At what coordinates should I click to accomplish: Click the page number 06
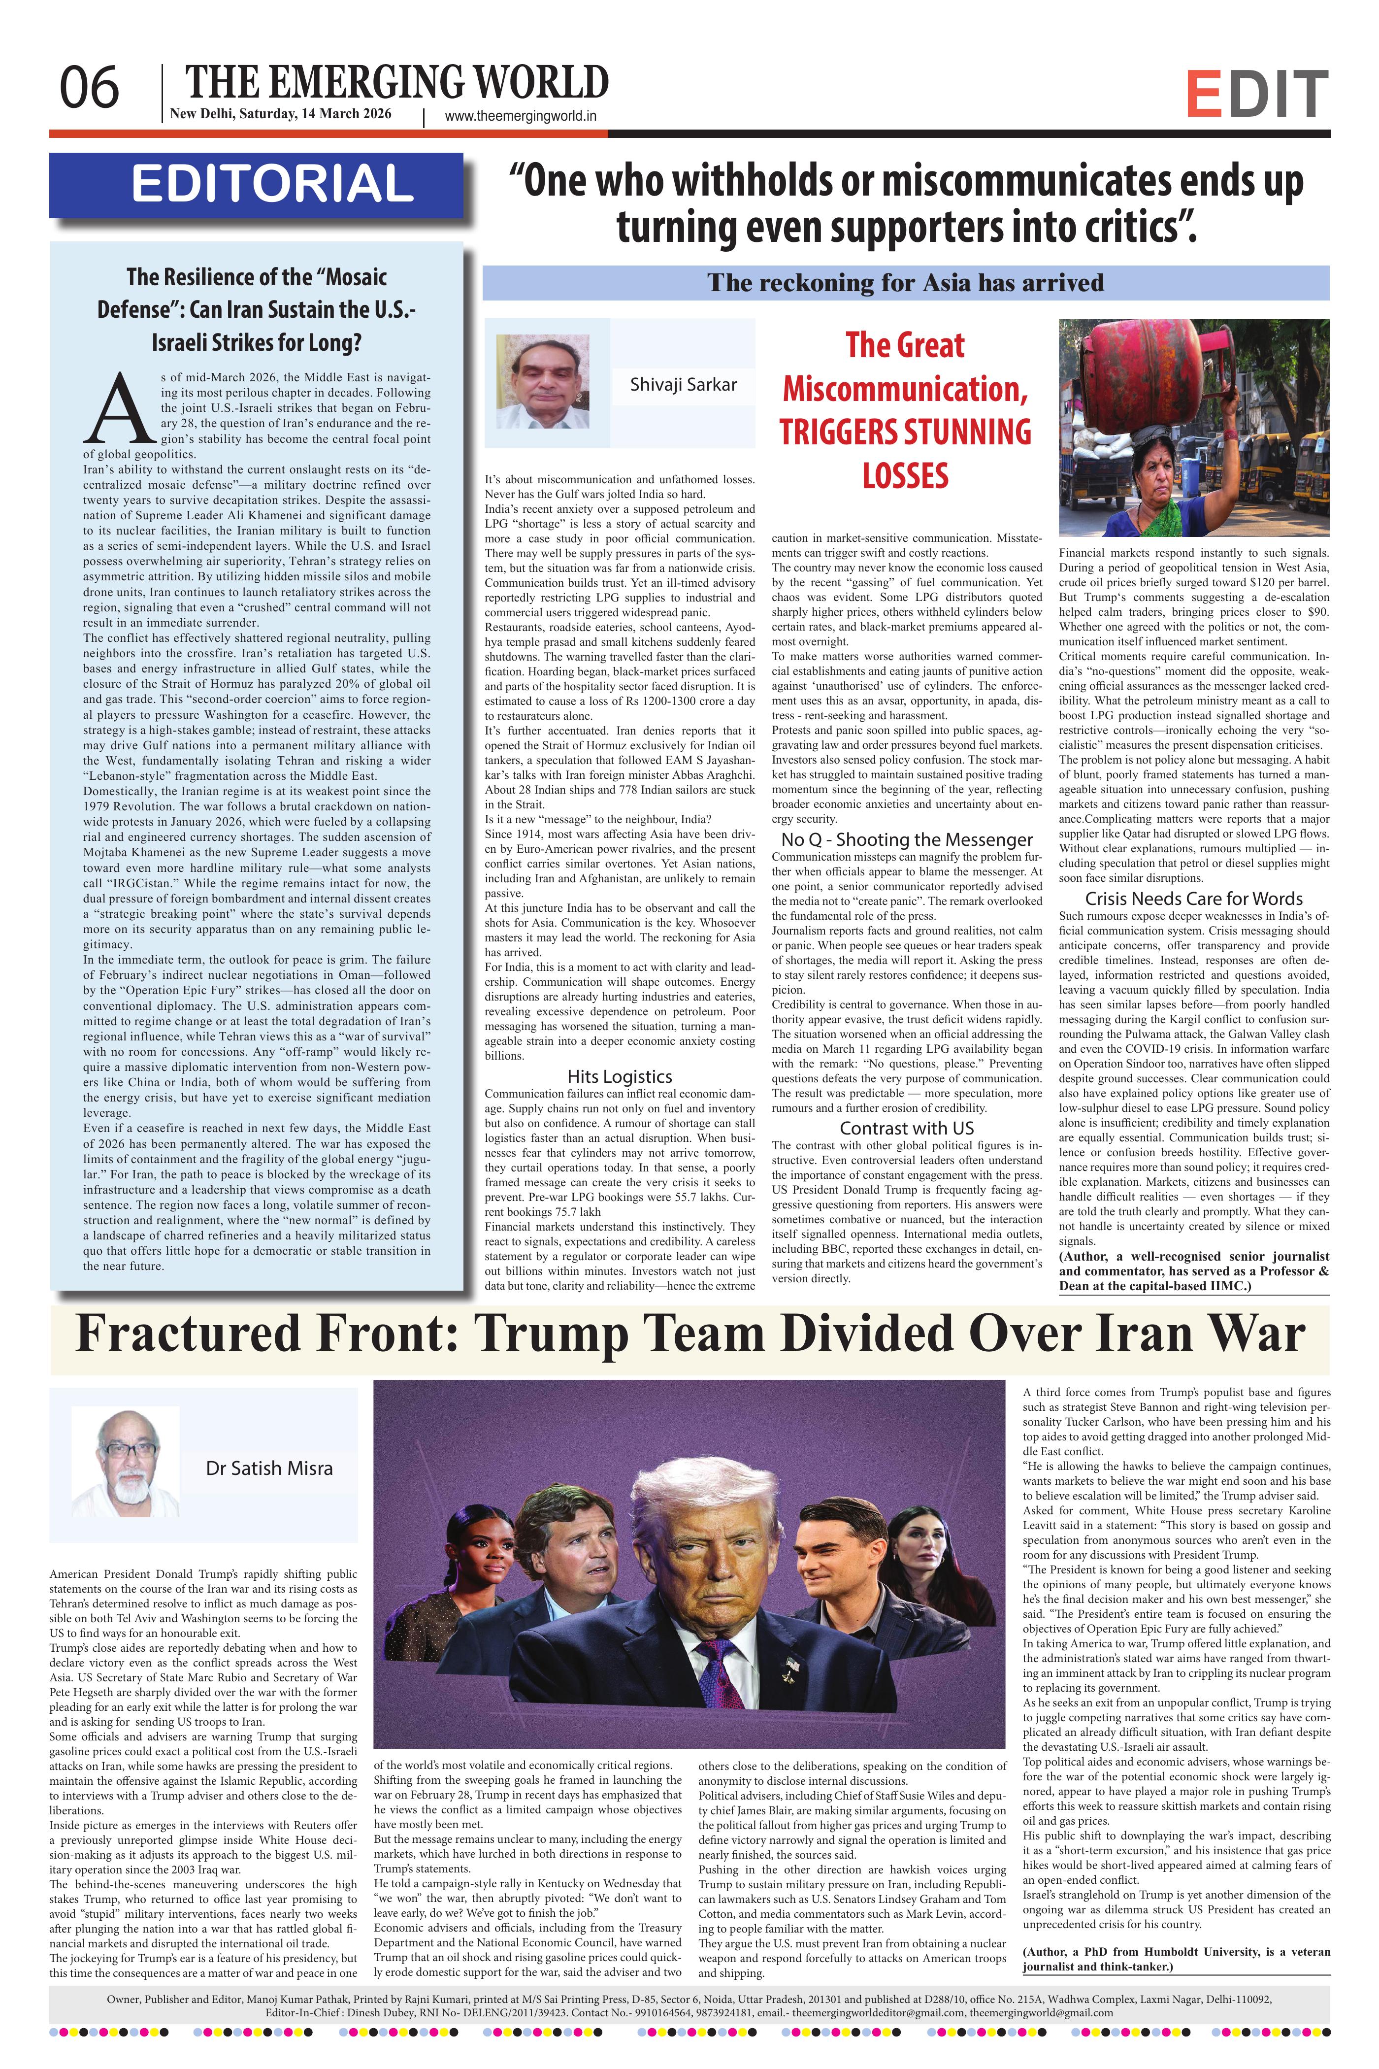89,89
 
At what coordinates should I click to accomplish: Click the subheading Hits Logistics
619,1076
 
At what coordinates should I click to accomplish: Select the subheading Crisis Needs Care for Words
1193,898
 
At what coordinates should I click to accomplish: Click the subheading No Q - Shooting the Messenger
907,839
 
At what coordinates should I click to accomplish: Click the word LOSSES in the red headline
905,476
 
